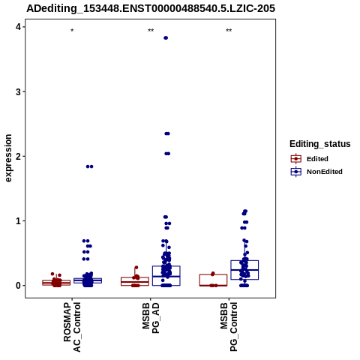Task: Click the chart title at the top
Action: pyautogui.click(x=151, y=8)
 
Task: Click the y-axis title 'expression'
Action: pyautogui.click(x=8, y=158)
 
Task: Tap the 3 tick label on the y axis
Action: pyautogui.click(x=18, y=91)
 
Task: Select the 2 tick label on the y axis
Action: pyautogui.click(x=18, y=156)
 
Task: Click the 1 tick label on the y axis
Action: pyautogui.click(x=18, y=220)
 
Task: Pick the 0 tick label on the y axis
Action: pyautogui.click(x=18, y=286)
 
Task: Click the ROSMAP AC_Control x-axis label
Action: pyautogui.click(x=72, y=327)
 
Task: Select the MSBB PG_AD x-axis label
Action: pyautogui.click(x=151, y=318)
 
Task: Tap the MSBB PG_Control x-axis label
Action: pyautogui.click(x=229, y=327)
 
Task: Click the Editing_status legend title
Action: pyautogui.click(x=319, y=144)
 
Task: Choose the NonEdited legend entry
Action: pyautogui.click(x=316, y=172)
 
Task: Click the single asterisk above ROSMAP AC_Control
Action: pyautogui.click(x=72, y=31)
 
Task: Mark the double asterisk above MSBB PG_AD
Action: pyautogui.click(x=151, y=31)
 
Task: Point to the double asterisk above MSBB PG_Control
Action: pyautogui.click(x=229, y=31)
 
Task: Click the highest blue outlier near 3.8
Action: pyautogui.click(x=166, y=38)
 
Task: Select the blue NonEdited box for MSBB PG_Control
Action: pyautogui.click(x=244, y=270)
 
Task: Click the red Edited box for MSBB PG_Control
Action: pyautogui.click(x=213, y=280)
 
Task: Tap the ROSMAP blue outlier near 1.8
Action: pyautogui.click(x=89, y=166)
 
